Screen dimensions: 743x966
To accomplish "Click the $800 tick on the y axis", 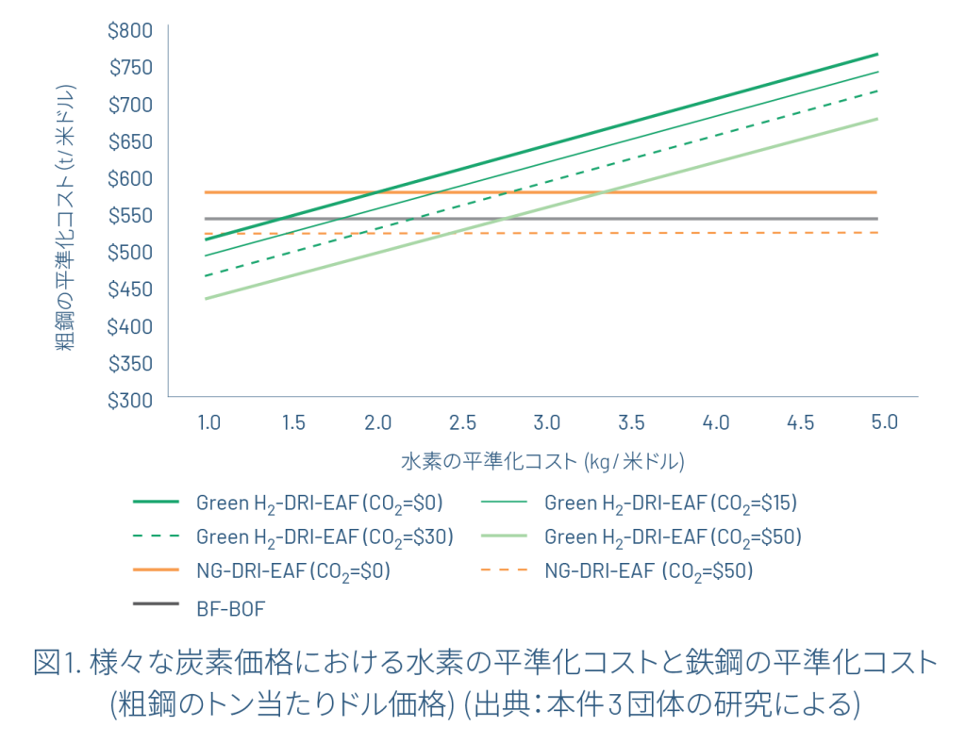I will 130,31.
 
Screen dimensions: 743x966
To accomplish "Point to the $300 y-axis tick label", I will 130,400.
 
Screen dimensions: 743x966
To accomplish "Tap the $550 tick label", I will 130,216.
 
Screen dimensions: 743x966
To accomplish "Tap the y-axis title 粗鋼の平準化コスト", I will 64,217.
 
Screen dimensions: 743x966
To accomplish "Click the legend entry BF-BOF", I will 230,608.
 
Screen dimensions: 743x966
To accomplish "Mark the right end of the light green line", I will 877,119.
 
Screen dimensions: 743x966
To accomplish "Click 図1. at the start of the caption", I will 58,665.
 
